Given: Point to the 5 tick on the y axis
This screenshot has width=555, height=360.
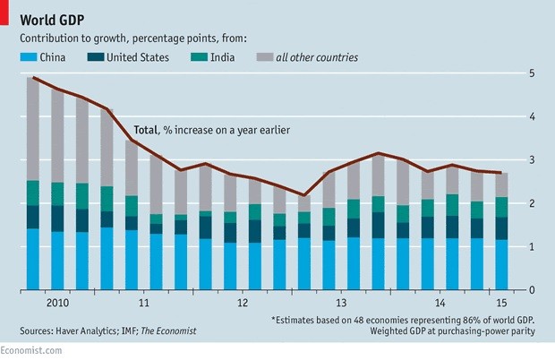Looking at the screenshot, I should click(x=534, y=73).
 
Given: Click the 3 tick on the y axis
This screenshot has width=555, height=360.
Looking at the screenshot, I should click(x=534, y=159).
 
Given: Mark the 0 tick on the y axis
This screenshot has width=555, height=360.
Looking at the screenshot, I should click(x=534, y=290).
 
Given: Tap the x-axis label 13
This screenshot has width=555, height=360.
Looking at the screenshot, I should click(x=341, y=303).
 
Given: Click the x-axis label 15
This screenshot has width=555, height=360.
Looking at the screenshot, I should click(x=491, y=303).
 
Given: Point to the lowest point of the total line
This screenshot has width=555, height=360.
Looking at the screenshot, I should click(x=303, y=195).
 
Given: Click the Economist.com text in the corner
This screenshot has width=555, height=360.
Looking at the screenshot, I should click(x=31, y=352).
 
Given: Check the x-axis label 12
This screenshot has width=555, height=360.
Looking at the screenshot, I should click(x=242, y=303).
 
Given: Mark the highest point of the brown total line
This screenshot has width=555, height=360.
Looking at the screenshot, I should click(x=33, y=78).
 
